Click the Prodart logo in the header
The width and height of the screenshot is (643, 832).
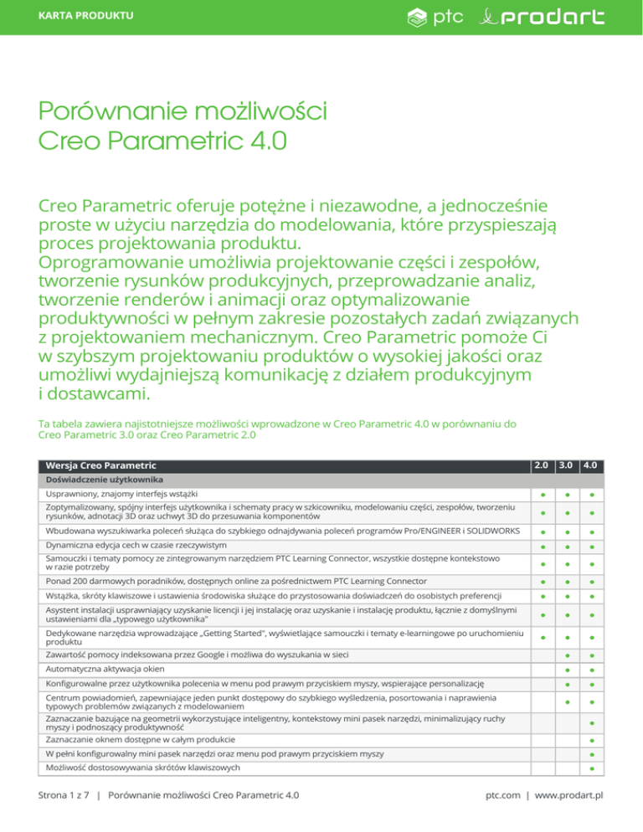click(545, 17)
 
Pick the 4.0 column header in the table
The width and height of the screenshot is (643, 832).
click(592, 464)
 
